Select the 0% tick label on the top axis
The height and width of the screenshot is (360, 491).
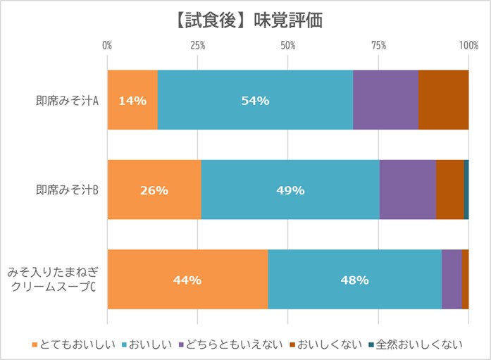pyautogui.click(x=108, y=46)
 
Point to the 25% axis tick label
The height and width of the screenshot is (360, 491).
pyautogui.click(x=197, y=46)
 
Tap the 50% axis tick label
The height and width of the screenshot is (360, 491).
pyautogui.click(x=287, y=46)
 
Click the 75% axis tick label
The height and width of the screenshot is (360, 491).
pyautogui.click(x=378, y=46)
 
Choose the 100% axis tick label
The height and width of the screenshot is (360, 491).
pyautogui.click(x=468, y=46)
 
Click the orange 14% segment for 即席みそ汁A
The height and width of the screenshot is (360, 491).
pyautogui.click(x=132, y=100)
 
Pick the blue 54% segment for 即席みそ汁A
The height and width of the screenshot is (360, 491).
pyautogui.click(x=255, y=100)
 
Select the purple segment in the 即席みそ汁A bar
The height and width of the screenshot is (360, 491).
pyautogui.click(x=385, y=100)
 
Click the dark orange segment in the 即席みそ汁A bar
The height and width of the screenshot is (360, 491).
pyautogui.click(x=443, y=100)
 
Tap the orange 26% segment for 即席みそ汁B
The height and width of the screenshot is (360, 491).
pyautogui.click(x=154, y=190)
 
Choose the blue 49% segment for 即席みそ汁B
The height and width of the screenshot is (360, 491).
pyautogui.click(x=290, y=190)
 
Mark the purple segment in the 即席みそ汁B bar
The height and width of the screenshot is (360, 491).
pyautogui.click(x=407, y=190)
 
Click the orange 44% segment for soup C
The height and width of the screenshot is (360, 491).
pyautogui.click(x=187, y=279)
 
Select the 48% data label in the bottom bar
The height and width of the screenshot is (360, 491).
pyautogui.click(x=354, y=280)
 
